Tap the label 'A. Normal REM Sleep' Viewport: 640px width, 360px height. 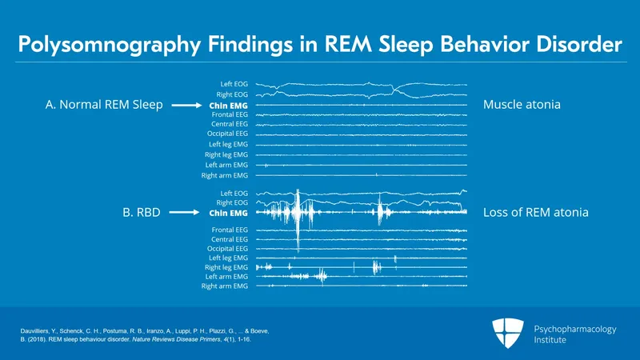(101, 105)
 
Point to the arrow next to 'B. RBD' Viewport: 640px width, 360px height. (186, 214)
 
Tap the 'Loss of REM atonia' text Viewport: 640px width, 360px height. (536, 214)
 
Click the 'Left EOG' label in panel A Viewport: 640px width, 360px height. (234, 84)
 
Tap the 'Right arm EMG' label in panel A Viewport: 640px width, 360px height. (226, 174)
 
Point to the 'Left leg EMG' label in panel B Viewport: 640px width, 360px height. (229, 258)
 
